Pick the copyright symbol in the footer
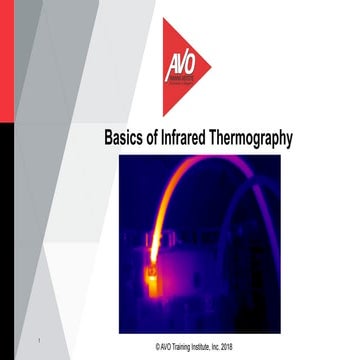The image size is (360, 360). coord(145,346)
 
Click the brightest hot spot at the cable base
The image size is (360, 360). coord(153,272)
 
